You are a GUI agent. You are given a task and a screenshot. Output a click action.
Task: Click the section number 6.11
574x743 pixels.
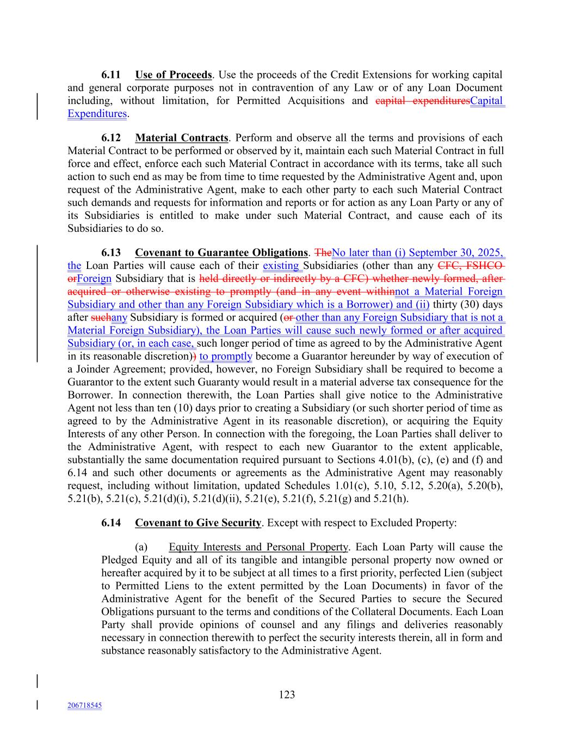pos(111,75)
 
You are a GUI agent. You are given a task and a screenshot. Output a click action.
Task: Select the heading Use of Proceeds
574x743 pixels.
pos(173,75)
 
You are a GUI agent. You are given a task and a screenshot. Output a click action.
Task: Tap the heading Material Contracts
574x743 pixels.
pos(181,138)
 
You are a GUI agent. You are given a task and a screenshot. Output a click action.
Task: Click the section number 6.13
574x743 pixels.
pos(111,253)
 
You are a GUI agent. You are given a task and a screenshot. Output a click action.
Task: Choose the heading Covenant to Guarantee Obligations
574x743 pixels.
pos(221,253)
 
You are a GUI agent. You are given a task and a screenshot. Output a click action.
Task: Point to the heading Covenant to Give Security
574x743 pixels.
pos(198,523)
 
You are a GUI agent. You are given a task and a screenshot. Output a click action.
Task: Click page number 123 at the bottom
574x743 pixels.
pos(287,695)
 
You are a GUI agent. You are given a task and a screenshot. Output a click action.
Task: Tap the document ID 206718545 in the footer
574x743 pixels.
pos(84,705)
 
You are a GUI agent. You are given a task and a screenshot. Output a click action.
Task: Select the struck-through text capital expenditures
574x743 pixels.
pos(422,101)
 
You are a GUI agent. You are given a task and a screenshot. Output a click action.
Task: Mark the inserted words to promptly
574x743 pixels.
pos(226,357)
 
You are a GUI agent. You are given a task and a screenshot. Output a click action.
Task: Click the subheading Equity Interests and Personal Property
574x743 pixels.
pos(258,547)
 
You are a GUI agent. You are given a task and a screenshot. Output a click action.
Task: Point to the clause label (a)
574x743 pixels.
pos(141,547)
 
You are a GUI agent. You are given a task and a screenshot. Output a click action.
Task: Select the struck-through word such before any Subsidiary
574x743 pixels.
pos(101,317)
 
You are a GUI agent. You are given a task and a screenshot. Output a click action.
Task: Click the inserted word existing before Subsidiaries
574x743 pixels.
pos(281,266)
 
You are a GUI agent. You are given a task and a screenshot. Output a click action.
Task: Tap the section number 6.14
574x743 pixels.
pos(111,523)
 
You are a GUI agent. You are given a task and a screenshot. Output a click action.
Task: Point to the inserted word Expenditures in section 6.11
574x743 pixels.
pos(97,114)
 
